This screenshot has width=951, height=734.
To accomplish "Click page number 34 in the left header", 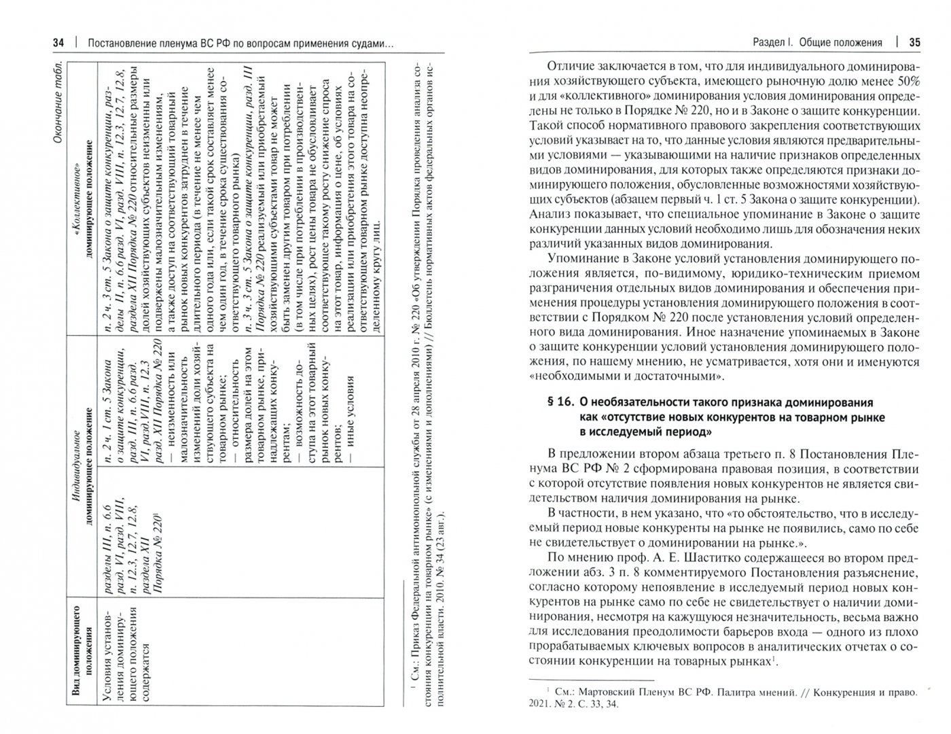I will pyautogui.click(x=59, y=43).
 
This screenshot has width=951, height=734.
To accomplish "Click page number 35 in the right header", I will pyautogui.click(x=914, y=42).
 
